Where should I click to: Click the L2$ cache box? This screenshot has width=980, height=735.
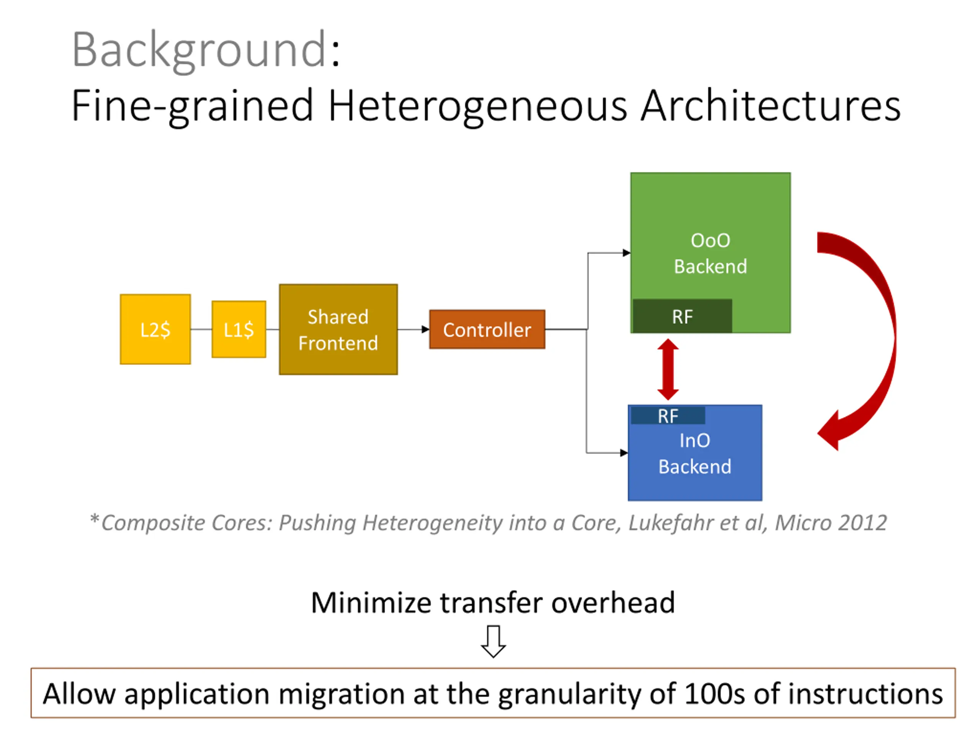(155, 329)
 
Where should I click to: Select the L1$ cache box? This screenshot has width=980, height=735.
(239, 329)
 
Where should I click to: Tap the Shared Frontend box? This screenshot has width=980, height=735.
(338, 329)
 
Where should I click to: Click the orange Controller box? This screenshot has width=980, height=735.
(487, 329)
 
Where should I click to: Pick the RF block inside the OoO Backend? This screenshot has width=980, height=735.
(682, 316)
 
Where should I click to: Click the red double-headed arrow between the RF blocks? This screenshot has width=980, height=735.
(668, 369)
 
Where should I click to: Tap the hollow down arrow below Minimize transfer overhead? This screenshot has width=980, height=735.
(493, 640)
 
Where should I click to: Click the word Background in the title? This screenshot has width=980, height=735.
(199, 50)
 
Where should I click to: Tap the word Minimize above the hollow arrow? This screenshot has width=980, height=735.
(371, 603)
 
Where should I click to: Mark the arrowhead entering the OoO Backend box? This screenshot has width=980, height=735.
(626, 253)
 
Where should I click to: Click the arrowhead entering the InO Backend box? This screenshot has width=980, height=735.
(624, 453)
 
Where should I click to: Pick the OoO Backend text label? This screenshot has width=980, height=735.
(710, 253)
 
